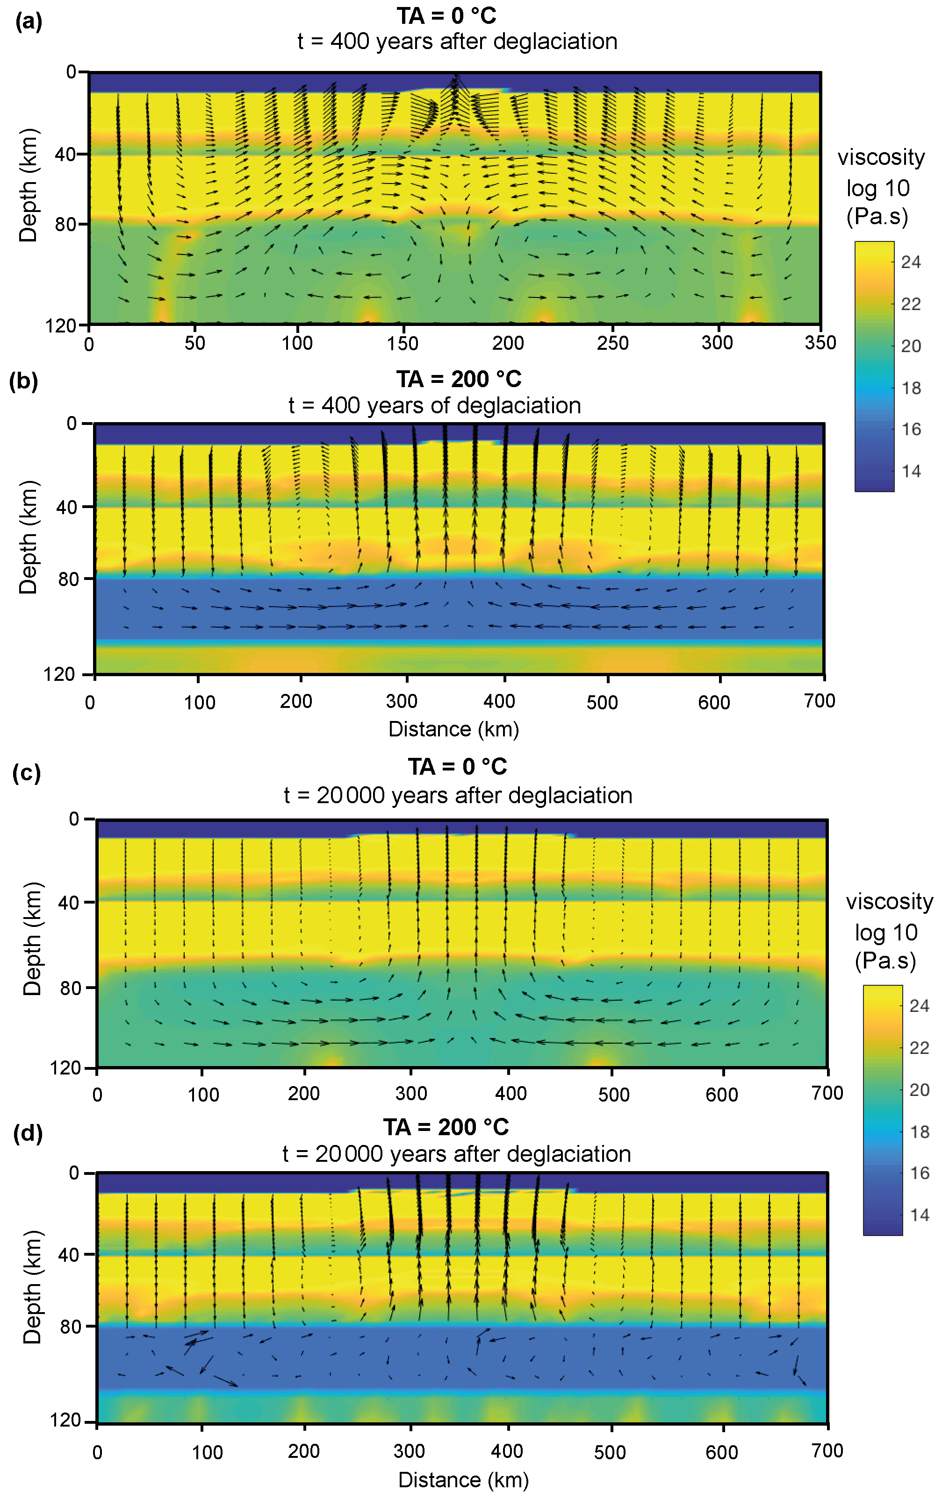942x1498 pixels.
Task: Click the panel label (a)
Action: pyautogui.click(x=29, y=22)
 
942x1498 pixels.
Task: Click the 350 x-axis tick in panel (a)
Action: pyautogui.click(x=820, y=343)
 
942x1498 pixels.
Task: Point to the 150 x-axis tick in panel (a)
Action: pyautogui.click(x=402, y=343)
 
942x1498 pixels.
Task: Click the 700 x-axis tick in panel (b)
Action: pyautogui.click(x=820, y=701)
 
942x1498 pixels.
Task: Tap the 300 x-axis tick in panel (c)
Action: pyautogui.click(x=411, y=1093)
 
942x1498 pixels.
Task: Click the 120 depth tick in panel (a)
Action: pyautogui.click(x=60, y=325)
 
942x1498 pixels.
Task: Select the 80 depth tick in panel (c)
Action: pyautogui.click(x=70, y=988)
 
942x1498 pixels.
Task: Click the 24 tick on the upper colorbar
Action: pyautogui.click(x=911, y=262)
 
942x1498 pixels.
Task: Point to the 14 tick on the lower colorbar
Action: pyautogui.click(x=920, y=1215)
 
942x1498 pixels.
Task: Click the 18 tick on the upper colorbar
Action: pyautogui.click(x=911, y=388)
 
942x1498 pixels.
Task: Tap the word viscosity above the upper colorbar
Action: pyautogui.click(x=881, y=157)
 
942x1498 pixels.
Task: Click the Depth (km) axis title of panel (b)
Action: pyautogui.click(x=29, y=537)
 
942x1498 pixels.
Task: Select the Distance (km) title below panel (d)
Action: pyautogui.click(x=463, y=1479)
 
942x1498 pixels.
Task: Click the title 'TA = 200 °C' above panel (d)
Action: pyautogui.click(x=446, y=1127)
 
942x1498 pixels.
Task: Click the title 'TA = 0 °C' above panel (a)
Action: pyautogui.click(x=446, y=15)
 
